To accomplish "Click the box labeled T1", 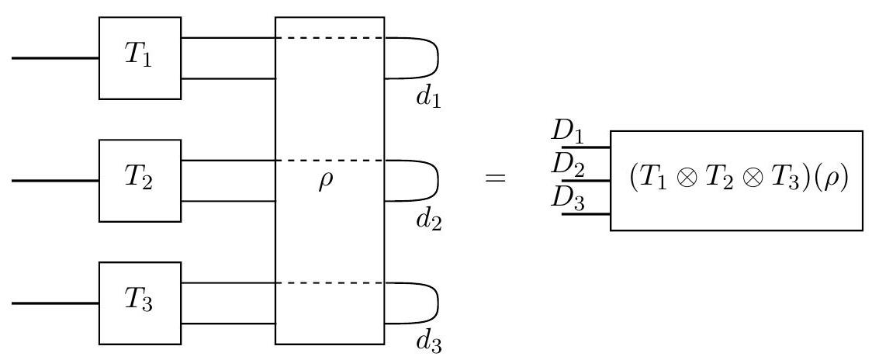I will click(x=140, y=58).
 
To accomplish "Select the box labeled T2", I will click(x=140, y=180).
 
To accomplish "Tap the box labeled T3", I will click(x=140, y=303).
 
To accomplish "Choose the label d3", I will click(x=428, y=342).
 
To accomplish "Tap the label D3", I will click(x=568, y=199).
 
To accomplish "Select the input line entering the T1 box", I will click(x=54, y=58).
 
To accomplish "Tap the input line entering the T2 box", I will click(x=54, y=180).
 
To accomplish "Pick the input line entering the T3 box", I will click(x=54, y=303).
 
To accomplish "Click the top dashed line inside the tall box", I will click(x=330, y=38).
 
